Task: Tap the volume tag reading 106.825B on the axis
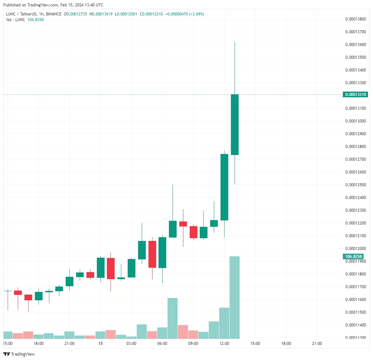click(353, 257)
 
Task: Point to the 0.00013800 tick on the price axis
click(355, 19)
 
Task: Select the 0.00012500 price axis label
click(355, 185)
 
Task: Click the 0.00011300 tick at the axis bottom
click(355, 338)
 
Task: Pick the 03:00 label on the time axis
click(131, 344)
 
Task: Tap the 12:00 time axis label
click(224, 344)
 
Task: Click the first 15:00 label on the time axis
click(8, 344)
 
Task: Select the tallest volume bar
click(235, 297)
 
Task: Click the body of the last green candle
click(235, 124)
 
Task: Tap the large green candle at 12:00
click(224, 187)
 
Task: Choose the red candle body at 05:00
click(152, 254)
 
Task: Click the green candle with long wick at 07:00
click(173, 229)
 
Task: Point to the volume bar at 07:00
click(173, 318)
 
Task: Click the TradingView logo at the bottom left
click(19, 354)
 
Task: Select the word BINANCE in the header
click(54, 14)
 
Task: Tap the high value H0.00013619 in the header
click(101, 14)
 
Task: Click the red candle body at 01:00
click(111, 268)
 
